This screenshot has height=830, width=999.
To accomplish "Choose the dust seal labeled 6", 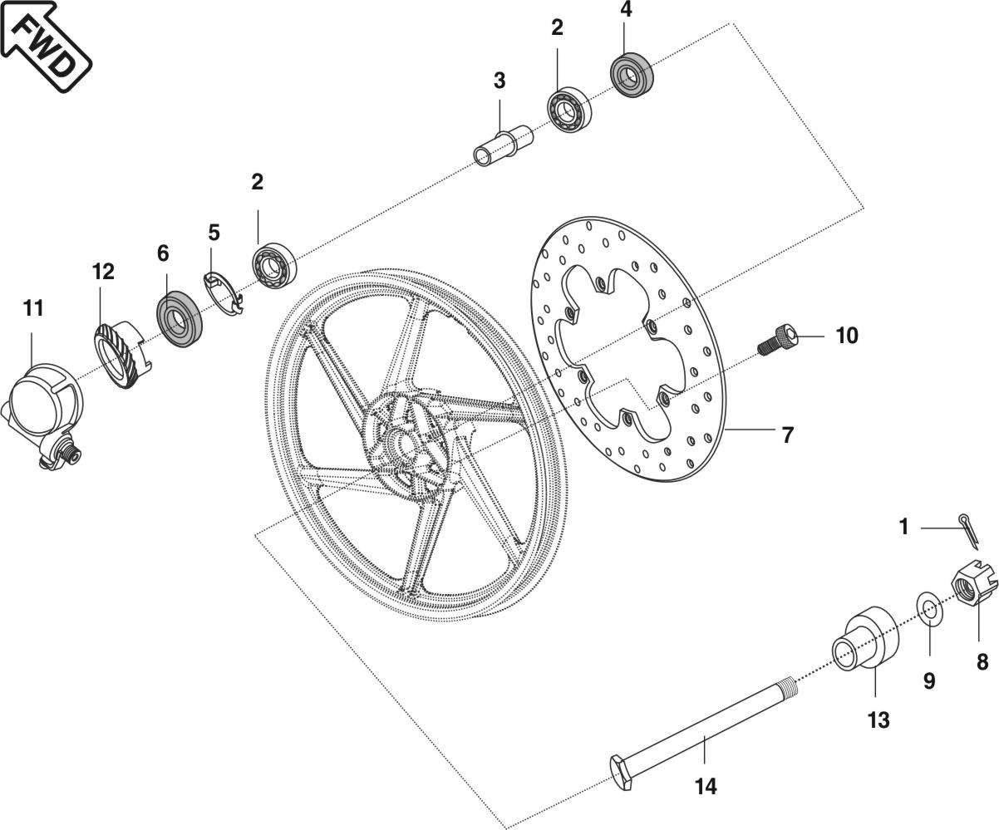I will (x=179, y=319).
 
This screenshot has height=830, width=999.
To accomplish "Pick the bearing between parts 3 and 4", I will (x=569, y=108).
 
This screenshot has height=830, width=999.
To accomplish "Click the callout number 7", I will (x=787, y=435).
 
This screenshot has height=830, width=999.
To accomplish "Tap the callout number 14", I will (x=706, y=785).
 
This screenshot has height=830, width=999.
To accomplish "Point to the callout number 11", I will (x=32, y=308).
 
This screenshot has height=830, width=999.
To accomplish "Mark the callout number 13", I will (x=878, y=719).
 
